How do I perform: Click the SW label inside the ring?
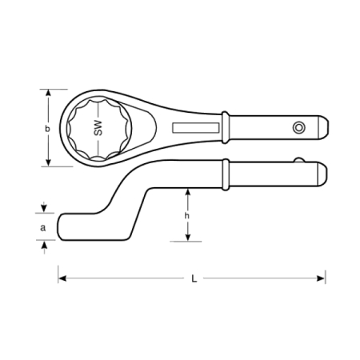click(x=98, y=128)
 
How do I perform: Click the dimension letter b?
click(x=47, y=129)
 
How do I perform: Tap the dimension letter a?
click(x=42, y=228)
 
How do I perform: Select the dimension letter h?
click(x=187, y=215)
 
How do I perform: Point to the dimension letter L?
click(x=194, y=278)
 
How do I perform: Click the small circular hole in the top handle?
click(x=298, y=127)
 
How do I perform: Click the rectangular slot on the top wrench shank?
click(x=196, y=128)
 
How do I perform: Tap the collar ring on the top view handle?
click(x=226, y=127)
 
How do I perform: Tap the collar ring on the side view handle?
click(x=226, y=174)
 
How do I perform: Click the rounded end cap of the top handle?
click(x=323, y=127)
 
